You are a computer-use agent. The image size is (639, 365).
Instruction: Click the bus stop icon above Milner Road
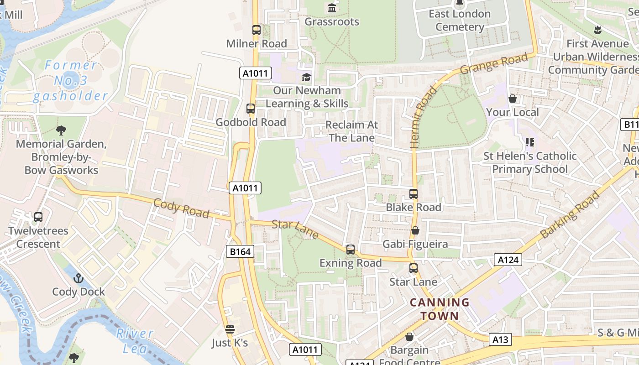[257, 31]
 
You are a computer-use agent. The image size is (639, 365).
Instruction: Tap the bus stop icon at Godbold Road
[251, 109]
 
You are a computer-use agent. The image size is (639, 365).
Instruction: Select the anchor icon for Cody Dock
[79, 278]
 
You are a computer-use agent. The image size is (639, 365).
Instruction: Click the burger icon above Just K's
[230, 329]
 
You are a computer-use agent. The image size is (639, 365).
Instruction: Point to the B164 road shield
[240, 251]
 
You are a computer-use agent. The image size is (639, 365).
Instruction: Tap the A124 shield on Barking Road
[508, 260]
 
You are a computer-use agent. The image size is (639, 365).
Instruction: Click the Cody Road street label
[181, 209]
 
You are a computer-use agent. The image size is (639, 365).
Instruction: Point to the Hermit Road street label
[418, 118]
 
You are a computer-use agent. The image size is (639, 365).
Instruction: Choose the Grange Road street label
[494, 63]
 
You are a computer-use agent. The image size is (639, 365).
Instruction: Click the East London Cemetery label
[460, 21]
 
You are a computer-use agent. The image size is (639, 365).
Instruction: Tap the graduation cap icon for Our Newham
[306, 77]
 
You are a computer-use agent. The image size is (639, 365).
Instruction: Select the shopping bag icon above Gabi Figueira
[415, 231]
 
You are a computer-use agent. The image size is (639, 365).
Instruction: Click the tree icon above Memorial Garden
[61, 130]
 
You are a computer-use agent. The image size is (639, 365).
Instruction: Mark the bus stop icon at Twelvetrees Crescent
[38, 217]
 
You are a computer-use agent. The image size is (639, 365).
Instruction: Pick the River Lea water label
[135, 340]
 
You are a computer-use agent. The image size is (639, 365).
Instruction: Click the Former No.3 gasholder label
[71, 81]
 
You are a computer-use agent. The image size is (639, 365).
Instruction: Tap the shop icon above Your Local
[513, 99]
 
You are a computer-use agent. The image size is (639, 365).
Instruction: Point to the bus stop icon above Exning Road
[351, 250]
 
